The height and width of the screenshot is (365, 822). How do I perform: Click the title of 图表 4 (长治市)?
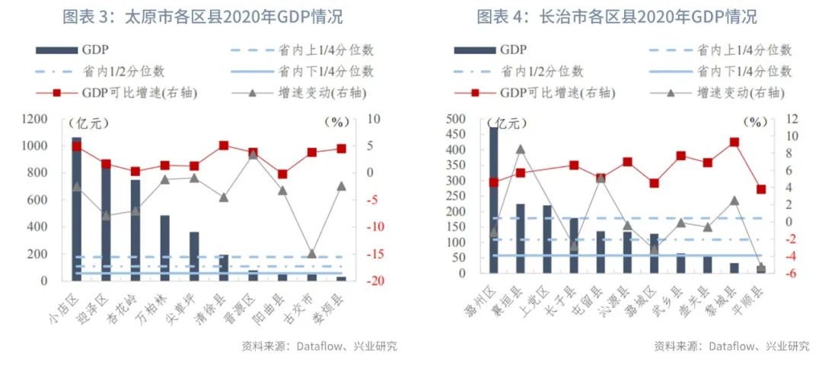coord(616,17)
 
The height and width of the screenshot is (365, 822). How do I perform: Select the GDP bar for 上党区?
coord(546,239)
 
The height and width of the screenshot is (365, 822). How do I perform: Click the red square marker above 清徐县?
coord(224,146)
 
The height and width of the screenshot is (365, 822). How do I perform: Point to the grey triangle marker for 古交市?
coord(311,253)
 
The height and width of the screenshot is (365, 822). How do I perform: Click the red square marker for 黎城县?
coord(734,142)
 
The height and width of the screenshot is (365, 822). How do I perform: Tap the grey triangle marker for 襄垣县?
coord(520,149)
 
